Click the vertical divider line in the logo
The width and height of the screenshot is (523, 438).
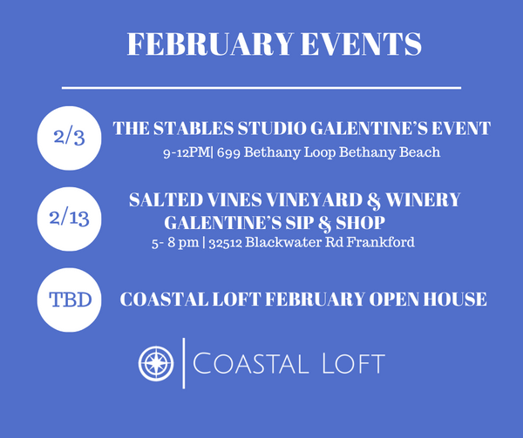pyautogui.click(x=184, y=363)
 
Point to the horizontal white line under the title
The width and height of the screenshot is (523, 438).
pyautogui.click(x=261, y=87)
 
